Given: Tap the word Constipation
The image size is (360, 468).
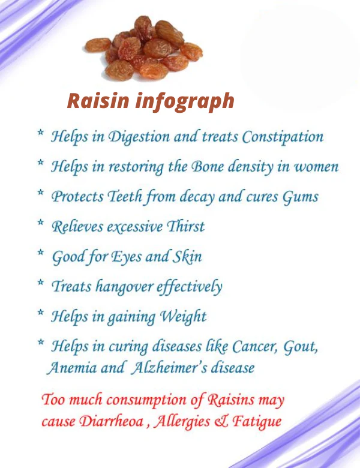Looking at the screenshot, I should (x=283, y=137).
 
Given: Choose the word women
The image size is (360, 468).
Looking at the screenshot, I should (x=316, y=166).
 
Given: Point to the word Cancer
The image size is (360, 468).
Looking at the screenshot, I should (x=258, y=346).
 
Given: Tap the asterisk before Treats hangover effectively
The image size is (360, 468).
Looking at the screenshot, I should (x=40, y=283).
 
